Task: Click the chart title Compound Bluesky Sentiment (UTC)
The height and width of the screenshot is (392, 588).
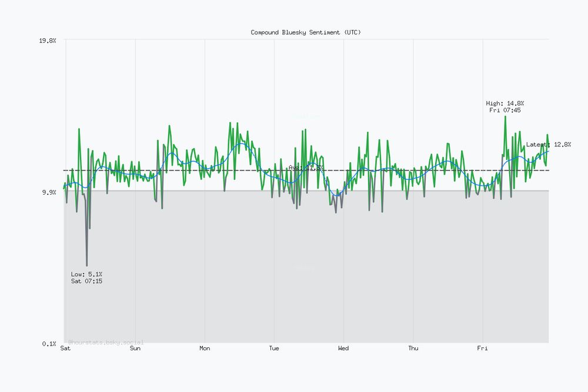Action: tap(306, 32)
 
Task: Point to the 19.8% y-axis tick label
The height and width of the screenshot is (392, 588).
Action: tap(47, 41)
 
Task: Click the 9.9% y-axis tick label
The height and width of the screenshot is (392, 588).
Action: tap(49, 192)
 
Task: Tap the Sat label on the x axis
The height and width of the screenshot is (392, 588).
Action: tap(65, 349)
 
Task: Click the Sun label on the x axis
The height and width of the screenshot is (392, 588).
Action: tap(135, 349)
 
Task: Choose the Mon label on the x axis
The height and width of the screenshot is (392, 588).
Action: tap(205, 349)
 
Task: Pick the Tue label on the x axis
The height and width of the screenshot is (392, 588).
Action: tap(274, 349)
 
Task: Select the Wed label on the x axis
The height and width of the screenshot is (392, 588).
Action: tap(343, 349)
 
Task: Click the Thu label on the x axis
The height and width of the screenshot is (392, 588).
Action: tap(413, 349)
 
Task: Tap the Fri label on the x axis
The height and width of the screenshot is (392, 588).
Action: tap(482, 349)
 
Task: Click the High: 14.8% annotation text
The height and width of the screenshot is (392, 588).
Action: tap(505, 103)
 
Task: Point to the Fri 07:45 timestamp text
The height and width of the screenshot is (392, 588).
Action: tap(505, 110)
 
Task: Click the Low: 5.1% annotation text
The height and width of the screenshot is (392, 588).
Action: tap(86, 274)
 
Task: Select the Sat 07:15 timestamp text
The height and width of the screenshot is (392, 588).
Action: tap(86, 281)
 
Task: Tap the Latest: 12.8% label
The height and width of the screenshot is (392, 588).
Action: tap(548, 144)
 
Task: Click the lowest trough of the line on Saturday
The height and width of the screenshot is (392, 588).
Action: tap(87, 266)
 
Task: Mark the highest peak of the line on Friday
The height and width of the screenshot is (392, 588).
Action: tap(505, 116)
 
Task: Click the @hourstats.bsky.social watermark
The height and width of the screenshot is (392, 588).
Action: tap(106, 341)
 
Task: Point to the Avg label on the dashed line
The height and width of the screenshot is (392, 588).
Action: tap(306, 167)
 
